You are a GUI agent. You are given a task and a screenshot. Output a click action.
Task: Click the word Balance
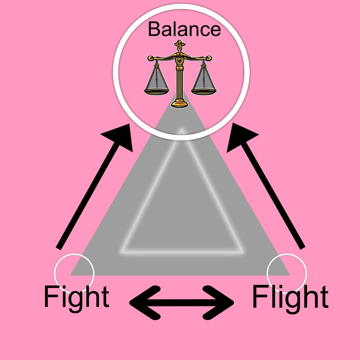pyautogui.click(x=184, y=29)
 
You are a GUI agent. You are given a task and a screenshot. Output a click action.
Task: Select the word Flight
pyautogui.click(x=290, y=297)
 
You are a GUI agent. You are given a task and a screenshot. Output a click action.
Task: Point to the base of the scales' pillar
pyautogui.click(x=180, y=104)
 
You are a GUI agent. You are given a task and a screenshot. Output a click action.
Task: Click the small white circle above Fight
pyautogui.click(x=74, y=273)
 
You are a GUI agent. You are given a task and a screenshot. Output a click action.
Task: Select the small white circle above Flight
pyautogui.click(x=287, y=273)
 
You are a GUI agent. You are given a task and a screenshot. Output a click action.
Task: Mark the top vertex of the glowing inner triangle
pyautogui.click(x=181, y=130)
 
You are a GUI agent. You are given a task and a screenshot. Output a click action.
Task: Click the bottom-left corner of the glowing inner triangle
pyautogui.click(x=122, y=252)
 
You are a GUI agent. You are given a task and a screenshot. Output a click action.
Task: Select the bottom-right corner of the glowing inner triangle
pyautogui.click(x=243, y=252)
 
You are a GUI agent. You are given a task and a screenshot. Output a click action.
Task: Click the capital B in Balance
pyautogui.click(x=155, y=29)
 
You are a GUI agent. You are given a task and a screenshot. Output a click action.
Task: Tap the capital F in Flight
pyautogui.click(x=259, y=297)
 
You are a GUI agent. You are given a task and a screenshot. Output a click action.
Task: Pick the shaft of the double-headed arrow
pyautogui.click(x=182, y=301)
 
